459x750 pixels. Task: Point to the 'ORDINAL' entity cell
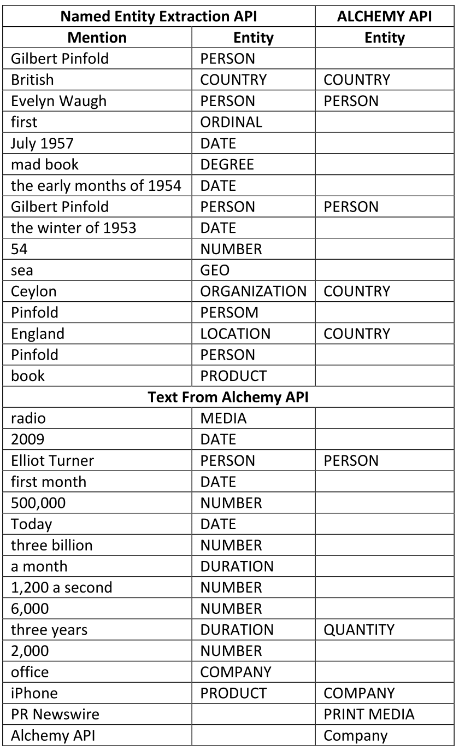[231, 122]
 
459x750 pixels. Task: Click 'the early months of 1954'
[96, 185]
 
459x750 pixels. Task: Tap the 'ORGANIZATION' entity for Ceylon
[253, 291]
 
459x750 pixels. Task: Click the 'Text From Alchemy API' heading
[228, 397]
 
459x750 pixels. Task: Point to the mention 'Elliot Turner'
[52, 460]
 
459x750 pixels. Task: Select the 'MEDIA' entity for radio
[223, 419]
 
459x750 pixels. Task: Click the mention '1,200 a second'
[61, 587]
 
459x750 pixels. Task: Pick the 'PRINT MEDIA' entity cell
[369, 714]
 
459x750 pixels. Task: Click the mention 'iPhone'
[34, 693]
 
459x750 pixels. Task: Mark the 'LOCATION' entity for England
[235, 333]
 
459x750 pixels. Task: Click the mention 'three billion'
[52, 545]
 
